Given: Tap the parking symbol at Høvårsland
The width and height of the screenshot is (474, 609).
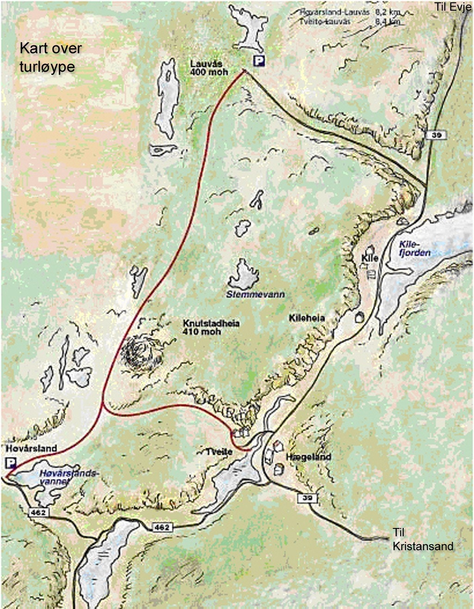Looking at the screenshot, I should pyautogui.click(x=10, y=462).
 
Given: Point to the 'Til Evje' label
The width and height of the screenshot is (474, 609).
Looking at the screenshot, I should pyautogui.click(x=452, y=7).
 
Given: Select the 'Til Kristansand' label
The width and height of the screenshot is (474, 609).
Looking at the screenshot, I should pyautogui.click(x=423, y=540).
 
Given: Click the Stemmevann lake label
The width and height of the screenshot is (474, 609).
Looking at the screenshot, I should pyautogui.click(x=255, y=295).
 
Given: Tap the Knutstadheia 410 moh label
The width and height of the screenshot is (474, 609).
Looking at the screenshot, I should pyautogui.click(x=211, y=327).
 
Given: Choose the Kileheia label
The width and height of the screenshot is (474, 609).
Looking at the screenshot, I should pyautogui.click(x=306, y=318).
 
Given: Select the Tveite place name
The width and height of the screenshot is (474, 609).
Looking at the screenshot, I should pyautogui.click(x=220, y=451).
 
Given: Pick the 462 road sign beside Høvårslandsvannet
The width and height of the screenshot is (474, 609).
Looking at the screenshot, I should pyautogui.click(x=37, y=512).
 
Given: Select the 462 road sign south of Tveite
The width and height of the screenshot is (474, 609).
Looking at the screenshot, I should pyautogui.click(x=162, y=527).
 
